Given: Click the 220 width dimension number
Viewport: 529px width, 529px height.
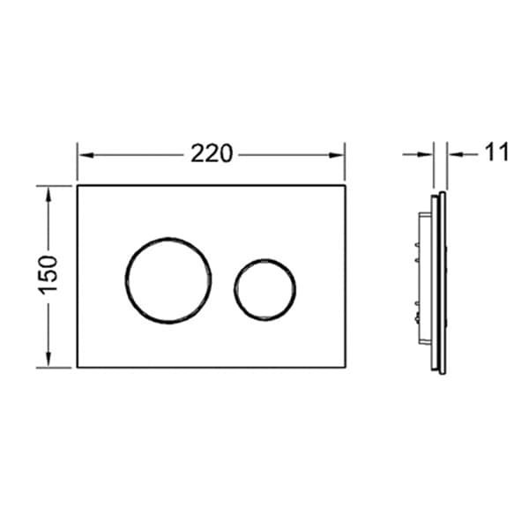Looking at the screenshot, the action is (212, 153).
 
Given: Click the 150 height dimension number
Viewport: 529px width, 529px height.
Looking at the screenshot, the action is (48, 275).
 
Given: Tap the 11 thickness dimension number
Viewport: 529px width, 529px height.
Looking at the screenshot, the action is (496, 153).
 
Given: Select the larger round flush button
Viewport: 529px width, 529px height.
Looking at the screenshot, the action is (168, 280).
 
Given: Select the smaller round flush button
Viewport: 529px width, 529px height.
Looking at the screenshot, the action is (265, 290).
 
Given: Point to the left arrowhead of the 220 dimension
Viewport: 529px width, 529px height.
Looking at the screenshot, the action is (86, 155).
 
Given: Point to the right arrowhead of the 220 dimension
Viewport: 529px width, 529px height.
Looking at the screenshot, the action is (337, 155).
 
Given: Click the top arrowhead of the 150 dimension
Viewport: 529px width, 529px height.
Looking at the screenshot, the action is (48, 194).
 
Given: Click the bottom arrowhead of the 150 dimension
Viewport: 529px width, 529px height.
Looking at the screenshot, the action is (48, 360).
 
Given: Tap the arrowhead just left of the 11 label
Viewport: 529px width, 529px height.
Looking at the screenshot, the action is (455, 154).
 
